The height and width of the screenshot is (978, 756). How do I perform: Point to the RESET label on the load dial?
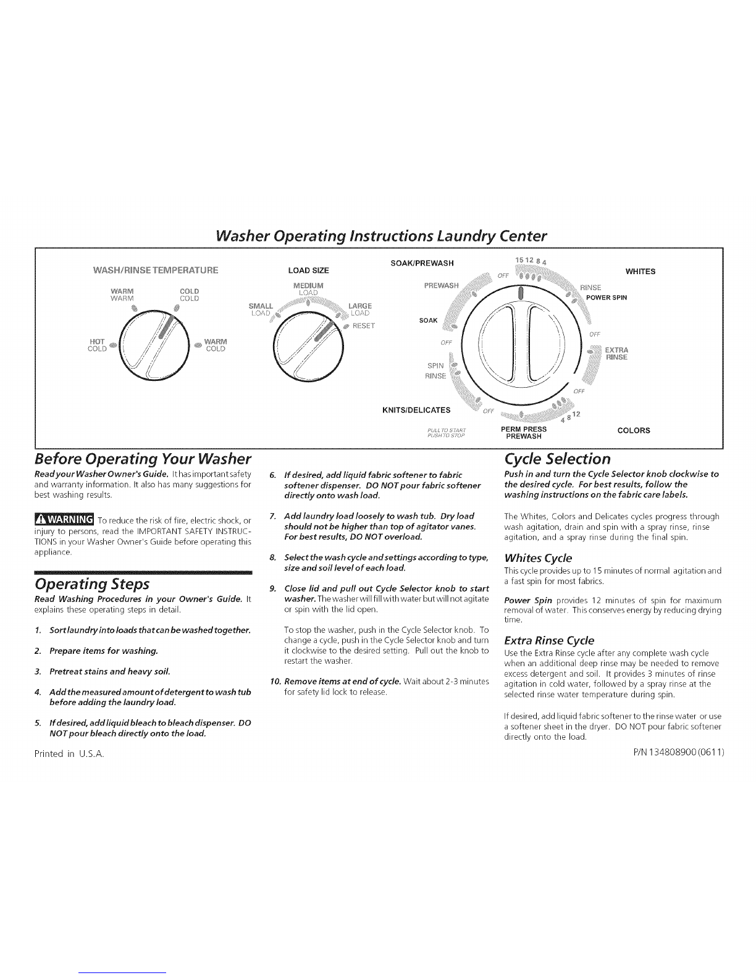click(x=365, y=326)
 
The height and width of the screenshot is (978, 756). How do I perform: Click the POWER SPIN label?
click(x=607, y=298)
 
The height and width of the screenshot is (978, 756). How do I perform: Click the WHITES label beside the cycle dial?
click(x=640, y=271)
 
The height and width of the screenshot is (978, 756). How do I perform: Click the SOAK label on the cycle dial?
click(x=428, y=320)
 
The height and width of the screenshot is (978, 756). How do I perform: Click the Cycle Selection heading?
click(x=558, y=459)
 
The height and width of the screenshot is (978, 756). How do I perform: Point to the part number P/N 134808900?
click(x=677, y=753)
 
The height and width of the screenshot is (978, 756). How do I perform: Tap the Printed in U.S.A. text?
click(x=70, y=753)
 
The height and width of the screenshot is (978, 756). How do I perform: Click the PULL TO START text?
click(x=445, y=428)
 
